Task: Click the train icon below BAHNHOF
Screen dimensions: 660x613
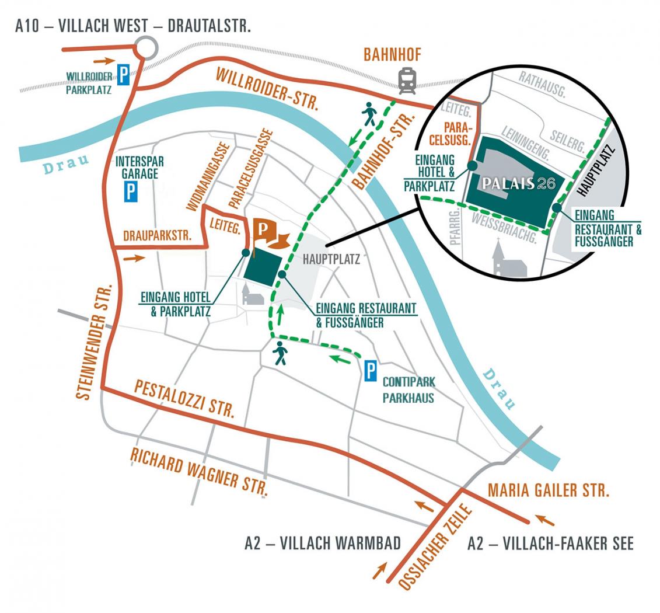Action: coord(407,81)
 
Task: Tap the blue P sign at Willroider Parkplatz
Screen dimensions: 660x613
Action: coord(123,75)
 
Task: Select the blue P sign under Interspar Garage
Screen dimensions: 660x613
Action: coord(131,191)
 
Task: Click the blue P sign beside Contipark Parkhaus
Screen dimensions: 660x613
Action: coord(371,371)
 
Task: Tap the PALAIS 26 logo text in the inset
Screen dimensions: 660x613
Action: coord(519,183)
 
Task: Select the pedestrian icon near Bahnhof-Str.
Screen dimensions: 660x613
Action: coord(369,114)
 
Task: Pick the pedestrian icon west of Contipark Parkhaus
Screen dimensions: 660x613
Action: coord(280,353)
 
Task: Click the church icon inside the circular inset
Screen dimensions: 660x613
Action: coord(509,258)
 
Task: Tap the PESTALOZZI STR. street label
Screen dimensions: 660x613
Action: coord(184,398)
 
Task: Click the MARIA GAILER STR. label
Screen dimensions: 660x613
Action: coord(549,490)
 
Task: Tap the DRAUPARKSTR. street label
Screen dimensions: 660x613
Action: coord(158,236)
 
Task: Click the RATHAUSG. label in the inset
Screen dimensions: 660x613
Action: coord(542,85)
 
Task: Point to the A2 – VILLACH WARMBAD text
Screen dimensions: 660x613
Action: coord(323,543)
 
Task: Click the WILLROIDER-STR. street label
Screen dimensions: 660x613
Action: coord(267,89)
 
